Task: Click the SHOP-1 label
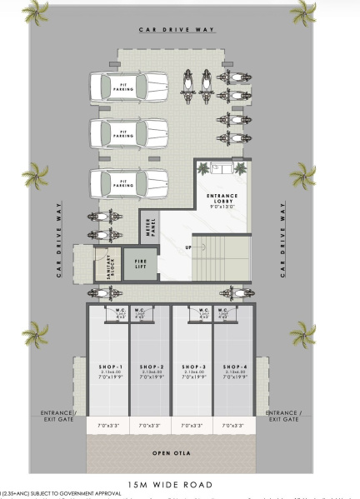click(x=108, y=367)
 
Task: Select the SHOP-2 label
click(x=150, y=367)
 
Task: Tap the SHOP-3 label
click(x=192, y=367)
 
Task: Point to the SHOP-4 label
click(x=234, y=367)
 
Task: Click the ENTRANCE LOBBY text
click(x=222, y=198)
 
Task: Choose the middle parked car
click(x=128, y=132)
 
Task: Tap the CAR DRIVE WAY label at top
click(x=177, y=30)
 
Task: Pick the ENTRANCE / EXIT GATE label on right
click(x=282, y=416)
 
